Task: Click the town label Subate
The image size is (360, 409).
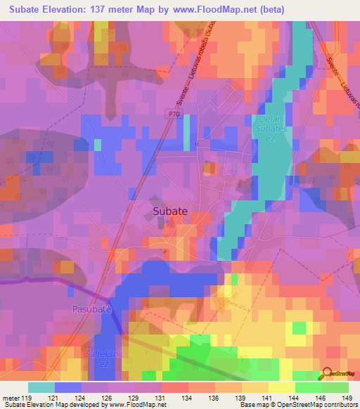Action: [x=170, y=210]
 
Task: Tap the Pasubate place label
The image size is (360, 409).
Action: [x=91, y=309]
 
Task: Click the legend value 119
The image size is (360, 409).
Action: [x=29, y=398]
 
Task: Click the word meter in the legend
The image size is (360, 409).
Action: [x=11, y=398]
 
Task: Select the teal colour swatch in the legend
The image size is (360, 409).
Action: [x=41, y=387]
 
